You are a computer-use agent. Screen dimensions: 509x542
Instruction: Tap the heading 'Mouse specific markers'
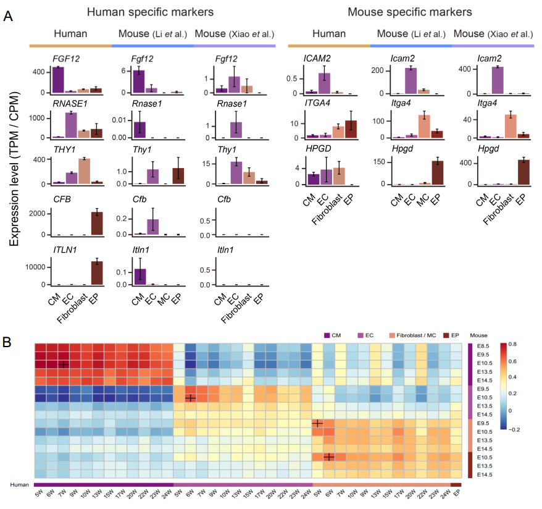(410, 12)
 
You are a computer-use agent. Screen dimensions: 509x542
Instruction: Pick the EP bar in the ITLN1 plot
(96, 273)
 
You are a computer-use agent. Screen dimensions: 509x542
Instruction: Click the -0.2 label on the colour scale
(513, 427)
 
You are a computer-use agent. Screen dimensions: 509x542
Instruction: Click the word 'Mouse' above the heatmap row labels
(478, 335)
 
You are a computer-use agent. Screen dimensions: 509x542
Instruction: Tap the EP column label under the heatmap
(457, 495)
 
